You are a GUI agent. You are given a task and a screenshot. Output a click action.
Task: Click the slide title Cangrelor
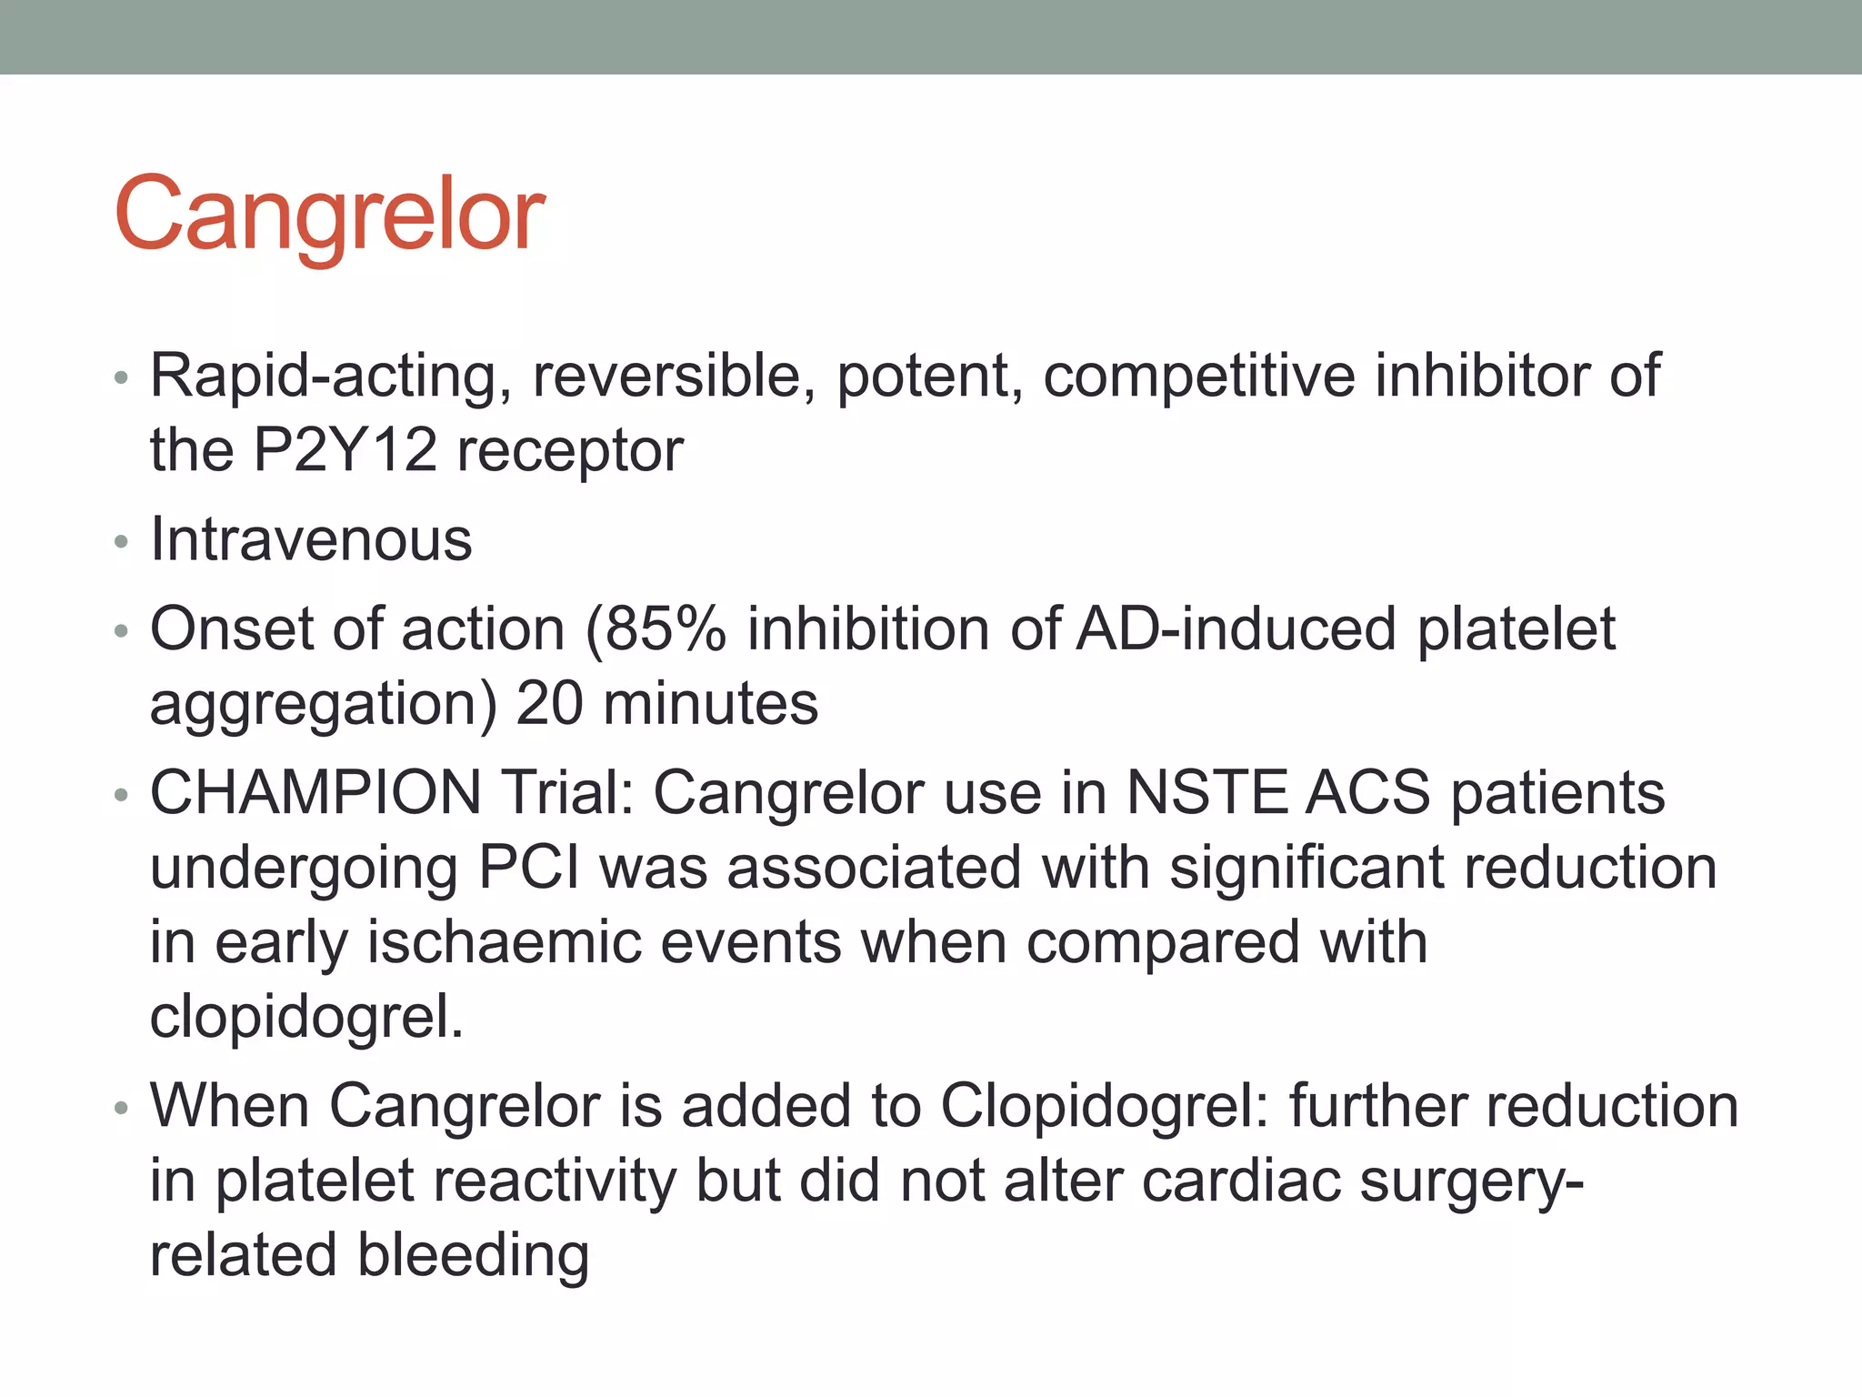point(329,216)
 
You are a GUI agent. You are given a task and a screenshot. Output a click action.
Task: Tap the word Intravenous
point(311,539)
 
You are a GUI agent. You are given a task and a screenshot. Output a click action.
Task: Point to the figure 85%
point(665,629)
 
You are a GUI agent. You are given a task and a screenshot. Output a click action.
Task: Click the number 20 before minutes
point(548,704)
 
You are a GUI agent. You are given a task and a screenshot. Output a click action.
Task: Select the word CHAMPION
point(315,793)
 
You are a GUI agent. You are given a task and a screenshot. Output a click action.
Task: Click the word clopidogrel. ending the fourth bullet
point(306,1017)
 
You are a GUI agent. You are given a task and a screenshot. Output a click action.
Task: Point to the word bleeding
point(473,1256)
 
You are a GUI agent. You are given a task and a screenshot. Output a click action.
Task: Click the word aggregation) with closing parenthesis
point(324,704)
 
